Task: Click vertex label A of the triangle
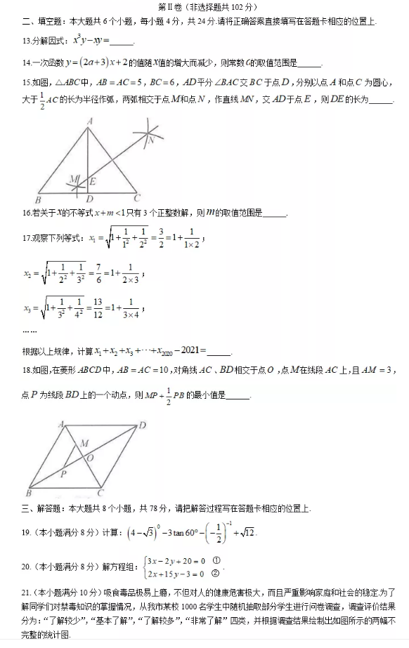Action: [89, 121]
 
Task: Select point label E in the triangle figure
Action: [93, 182]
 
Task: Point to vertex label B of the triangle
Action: [37, 199]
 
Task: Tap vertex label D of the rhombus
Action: [143, 425]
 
